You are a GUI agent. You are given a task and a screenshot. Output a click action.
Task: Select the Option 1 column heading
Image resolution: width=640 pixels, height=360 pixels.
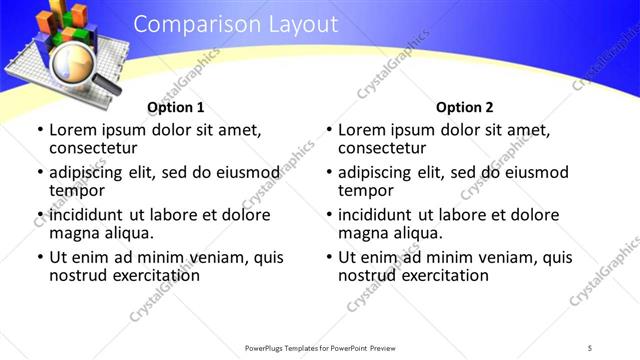point(176,108)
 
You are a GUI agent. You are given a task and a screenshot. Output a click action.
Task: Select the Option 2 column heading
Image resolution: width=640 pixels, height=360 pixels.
point(465,108)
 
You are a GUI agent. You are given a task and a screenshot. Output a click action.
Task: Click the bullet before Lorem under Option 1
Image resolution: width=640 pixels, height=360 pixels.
point(40,130)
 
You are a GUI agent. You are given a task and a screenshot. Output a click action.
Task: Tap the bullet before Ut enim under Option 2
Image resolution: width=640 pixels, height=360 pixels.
point(329,257)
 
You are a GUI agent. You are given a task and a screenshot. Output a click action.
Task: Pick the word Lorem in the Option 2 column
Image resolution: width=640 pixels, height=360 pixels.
point(361,130)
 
